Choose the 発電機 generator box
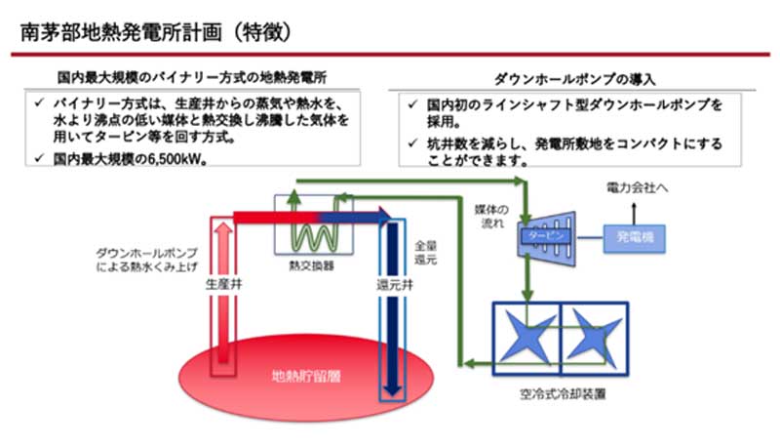pos(638,236)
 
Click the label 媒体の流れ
pos(492,217)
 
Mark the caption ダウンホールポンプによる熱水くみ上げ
pos(144,258)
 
